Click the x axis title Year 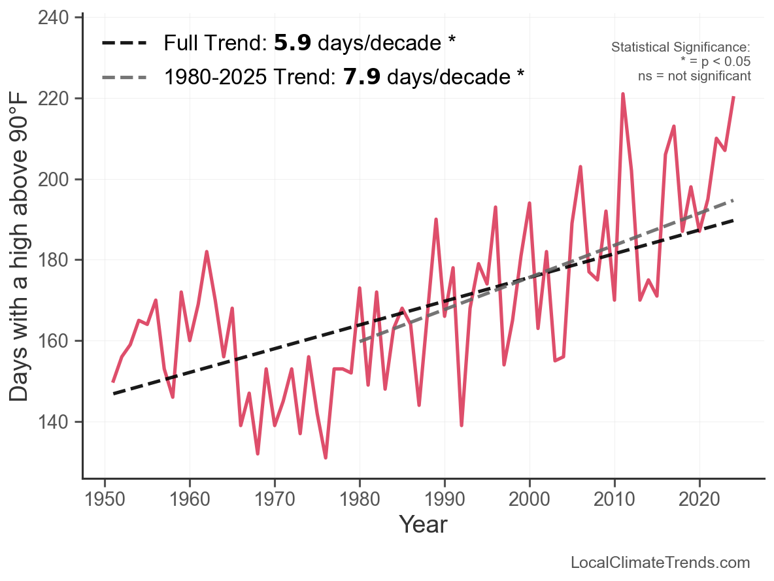[x=423, y=524]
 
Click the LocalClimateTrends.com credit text [x=660, y=563]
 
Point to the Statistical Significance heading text [x=681, y=48]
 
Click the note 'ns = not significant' [x=694, y=76]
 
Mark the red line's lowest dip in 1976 [x=326, y=457]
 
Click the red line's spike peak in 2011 [x=623, y=94]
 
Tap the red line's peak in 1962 [x=207, y=252]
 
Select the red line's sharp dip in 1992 [x=462, y=425]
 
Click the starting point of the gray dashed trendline [x=360, y=341]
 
